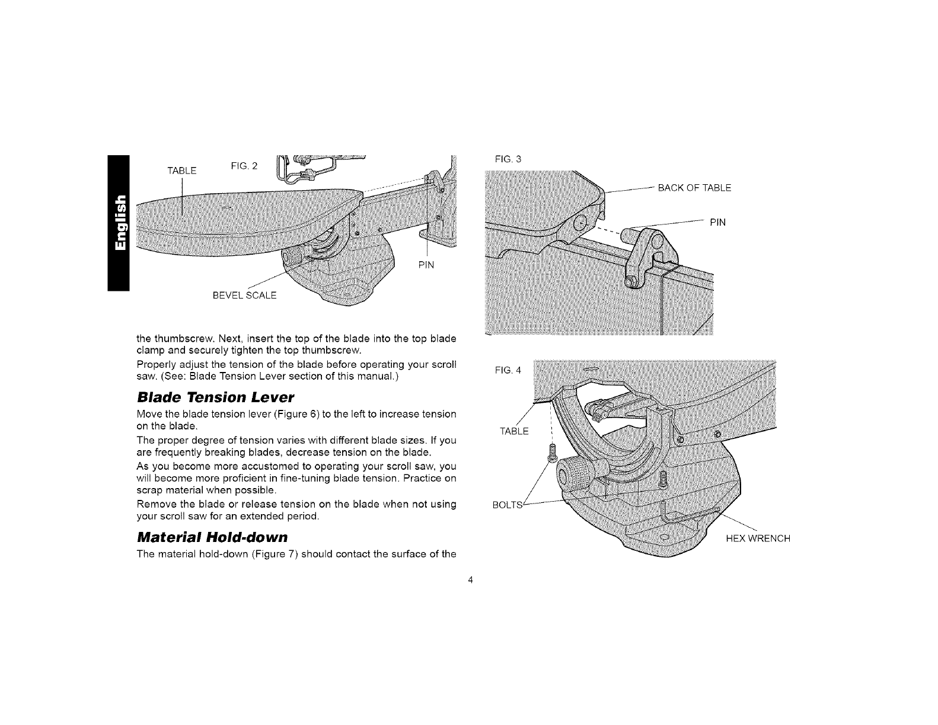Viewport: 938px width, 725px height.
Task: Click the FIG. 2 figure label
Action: pos(244,165)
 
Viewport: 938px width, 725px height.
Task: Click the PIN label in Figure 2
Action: pos(426,265)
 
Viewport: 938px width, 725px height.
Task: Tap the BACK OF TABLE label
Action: pos(695,188)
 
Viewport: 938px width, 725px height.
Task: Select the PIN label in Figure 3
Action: pos(717,223)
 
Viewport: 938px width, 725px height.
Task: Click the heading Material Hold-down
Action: pos(212,538)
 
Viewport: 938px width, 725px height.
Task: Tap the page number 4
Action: pos(470,580)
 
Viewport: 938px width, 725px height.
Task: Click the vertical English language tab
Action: pos(118,222)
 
